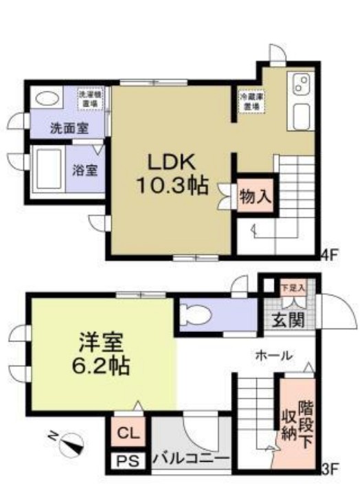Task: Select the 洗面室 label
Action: tap(67, 128)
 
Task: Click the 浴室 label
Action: tap(85, 170)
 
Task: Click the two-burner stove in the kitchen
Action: tap(302, 85)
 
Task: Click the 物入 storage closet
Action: tap(255, 196)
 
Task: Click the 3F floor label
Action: tap(330, 470)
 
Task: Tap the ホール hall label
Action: tap(274, 356)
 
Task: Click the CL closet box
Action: tap(126, 434)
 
